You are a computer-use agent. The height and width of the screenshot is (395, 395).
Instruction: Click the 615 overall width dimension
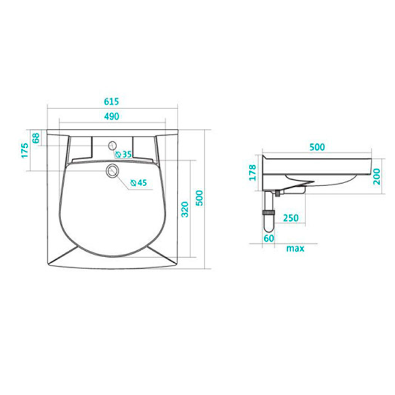pos(111,101)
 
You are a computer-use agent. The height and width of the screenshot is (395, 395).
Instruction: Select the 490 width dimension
pos(111,116)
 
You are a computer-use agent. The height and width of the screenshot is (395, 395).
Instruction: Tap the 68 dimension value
pos(36,138)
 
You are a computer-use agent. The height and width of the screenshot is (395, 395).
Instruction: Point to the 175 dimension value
pos(25,151)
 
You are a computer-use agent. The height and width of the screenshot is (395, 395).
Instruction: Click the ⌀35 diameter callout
pos(124,154)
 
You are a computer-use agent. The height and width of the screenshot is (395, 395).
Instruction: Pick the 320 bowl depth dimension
pos(185,209)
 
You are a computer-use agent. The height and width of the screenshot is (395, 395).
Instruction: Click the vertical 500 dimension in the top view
pos(199,198)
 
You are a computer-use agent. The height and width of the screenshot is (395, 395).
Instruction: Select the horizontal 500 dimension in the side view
pos(317,147)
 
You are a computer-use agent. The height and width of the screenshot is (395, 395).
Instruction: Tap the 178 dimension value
pos(253,173)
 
